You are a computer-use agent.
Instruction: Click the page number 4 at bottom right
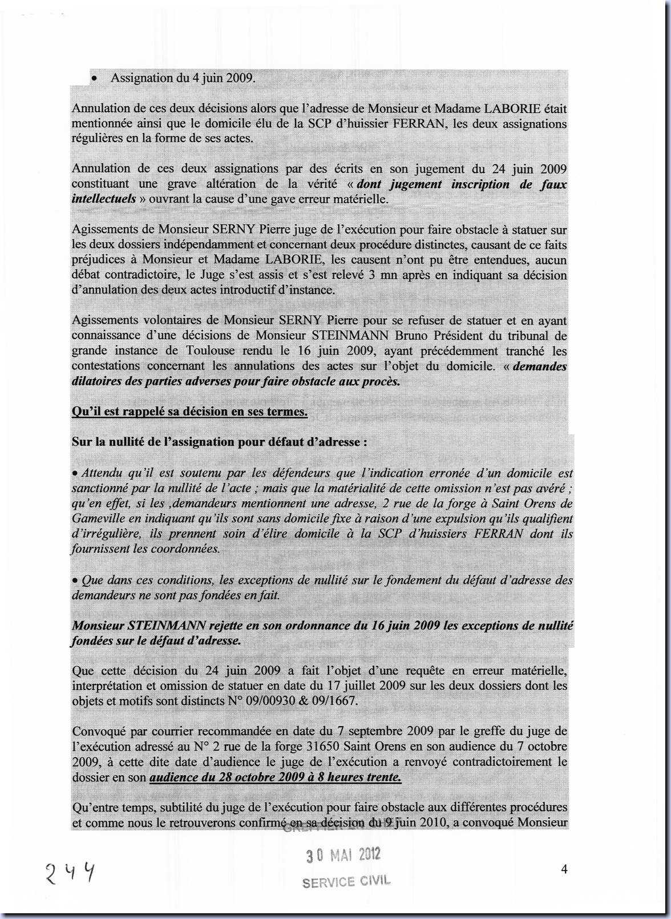pos(564,869)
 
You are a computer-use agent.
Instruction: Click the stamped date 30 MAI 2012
pos(343,855)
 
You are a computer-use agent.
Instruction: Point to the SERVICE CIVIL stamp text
pos(346,881)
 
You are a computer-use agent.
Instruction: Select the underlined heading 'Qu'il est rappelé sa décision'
pos(189,412)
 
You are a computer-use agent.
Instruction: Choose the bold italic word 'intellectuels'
pos(104,199)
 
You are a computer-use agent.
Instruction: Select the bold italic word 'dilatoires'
pos(96,381)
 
